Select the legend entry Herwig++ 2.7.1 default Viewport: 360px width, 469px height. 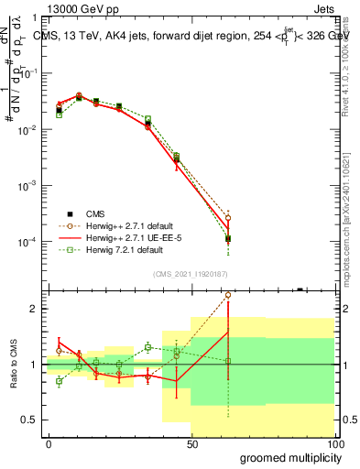[x=124, y=225]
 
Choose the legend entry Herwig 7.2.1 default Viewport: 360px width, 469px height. [x=118, y=249]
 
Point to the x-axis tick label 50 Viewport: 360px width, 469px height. [x=191, y=443]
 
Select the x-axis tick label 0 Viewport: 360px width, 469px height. [x=49, y=443]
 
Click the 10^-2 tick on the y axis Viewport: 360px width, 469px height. [x=30, y=129]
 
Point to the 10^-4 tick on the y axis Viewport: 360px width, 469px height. [x=30, y=241]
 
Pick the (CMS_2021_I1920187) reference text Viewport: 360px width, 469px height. [x=190, y=273]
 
